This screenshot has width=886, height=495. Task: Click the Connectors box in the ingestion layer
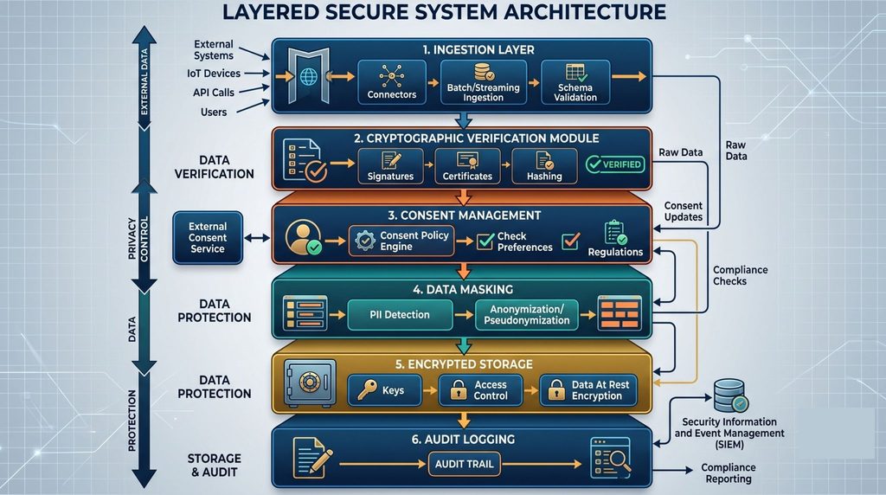pos(392,82)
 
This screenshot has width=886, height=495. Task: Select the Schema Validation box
pos(575,82)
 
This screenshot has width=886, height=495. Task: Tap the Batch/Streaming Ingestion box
pos(483,82)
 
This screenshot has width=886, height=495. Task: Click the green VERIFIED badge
pos(615,164)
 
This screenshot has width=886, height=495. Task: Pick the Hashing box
pos(544,166)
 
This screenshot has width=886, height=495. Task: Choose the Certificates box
pos(467,166)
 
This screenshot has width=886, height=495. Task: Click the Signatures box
pos(390,166)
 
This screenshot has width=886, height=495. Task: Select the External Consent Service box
pos(208,238)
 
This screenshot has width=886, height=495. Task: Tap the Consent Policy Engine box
pos(401,241)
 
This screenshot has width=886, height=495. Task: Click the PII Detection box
pos(400,315)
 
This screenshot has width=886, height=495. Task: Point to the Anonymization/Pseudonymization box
pos(527,315)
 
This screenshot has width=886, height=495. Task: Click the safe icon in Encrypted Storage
pos(310,383)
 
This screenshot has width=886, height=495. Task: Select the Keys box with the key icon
pos(384,390)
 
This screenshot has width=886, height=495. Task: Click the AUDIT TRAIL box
pos(464,464)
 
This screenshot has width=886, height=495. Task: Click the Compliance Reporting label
pos(729,473)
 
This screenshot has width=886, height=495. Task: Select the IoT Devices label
pos(214,74)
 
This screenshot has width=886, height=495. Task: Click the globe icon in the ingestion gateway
pos(309,76)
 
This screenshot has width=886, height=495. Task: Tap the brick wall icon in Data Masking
pos(620,313)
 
